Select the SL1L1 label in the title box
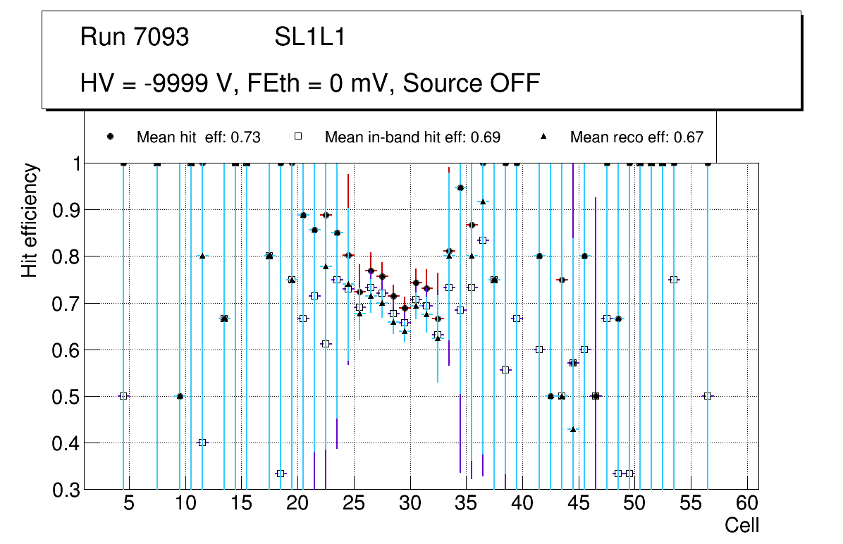[309, 37]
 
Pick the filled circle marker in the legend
[110, 137]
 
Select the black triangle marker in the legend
[543, 137]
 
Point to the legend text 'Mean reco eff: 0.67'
[636, 137]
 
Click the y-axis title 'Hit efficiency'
[30, 221]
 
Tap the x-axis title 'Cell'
[742, 526]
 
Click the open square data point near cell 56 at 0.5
[708, 396]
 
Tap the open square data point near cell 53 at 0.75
[674, 280]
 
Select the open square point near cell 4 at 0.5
[123, 396]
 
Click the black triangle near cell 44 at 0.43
[573, 429]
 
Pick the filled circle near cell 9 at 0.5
[180, 396]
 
